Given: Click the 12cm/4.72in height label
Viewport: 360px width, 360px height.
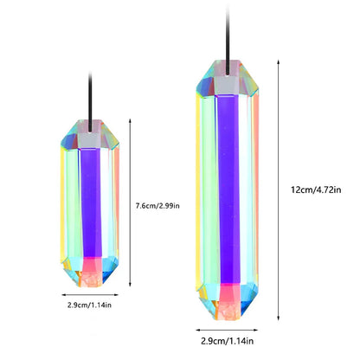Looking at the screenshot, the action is coord(316,190).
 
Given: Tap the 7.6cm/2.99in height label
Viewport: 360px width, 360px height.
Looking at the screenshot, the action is coord(157,206).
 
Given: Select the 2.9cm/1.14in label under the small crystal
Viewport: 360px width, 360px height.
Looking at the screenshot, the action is coord(89,305).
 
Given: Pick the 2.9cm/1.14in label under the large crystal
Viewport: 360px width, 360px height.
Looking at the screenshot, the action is coord(228,341).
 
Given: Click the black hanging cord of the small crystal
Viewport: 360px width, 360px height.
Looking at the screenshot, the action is coord(90,102).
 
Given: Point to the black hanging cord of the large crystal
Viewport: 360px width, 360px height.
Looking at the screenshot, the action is coord(228,41).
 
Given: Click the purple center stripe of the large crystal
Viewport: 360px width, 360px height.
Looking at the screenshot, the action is coord(228,189).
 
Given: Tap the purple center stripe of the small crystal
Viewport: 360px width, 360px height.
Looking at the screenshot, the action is coord(91,202).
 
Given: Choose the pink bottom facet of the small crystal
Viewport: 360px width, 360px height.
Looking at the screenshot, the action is coord(92,264).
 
